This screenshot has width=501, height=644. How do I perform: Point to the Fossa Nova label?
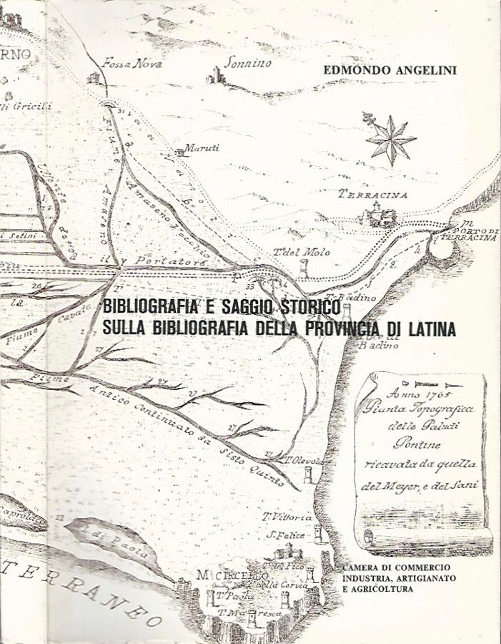tap(132, 62)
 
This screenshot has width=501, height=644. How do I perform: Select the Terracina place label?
tap(373, 194)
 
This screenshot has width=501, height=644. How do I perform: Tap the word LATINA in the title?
tap(427, 329)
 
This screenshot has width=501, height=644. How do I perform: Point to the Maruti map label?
tap(202, 148)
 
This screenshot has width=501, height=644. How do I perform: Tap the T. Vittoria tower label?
tap(287, 517)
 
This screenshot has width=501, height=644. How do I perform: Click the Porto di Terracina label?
tap(469, 234)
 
